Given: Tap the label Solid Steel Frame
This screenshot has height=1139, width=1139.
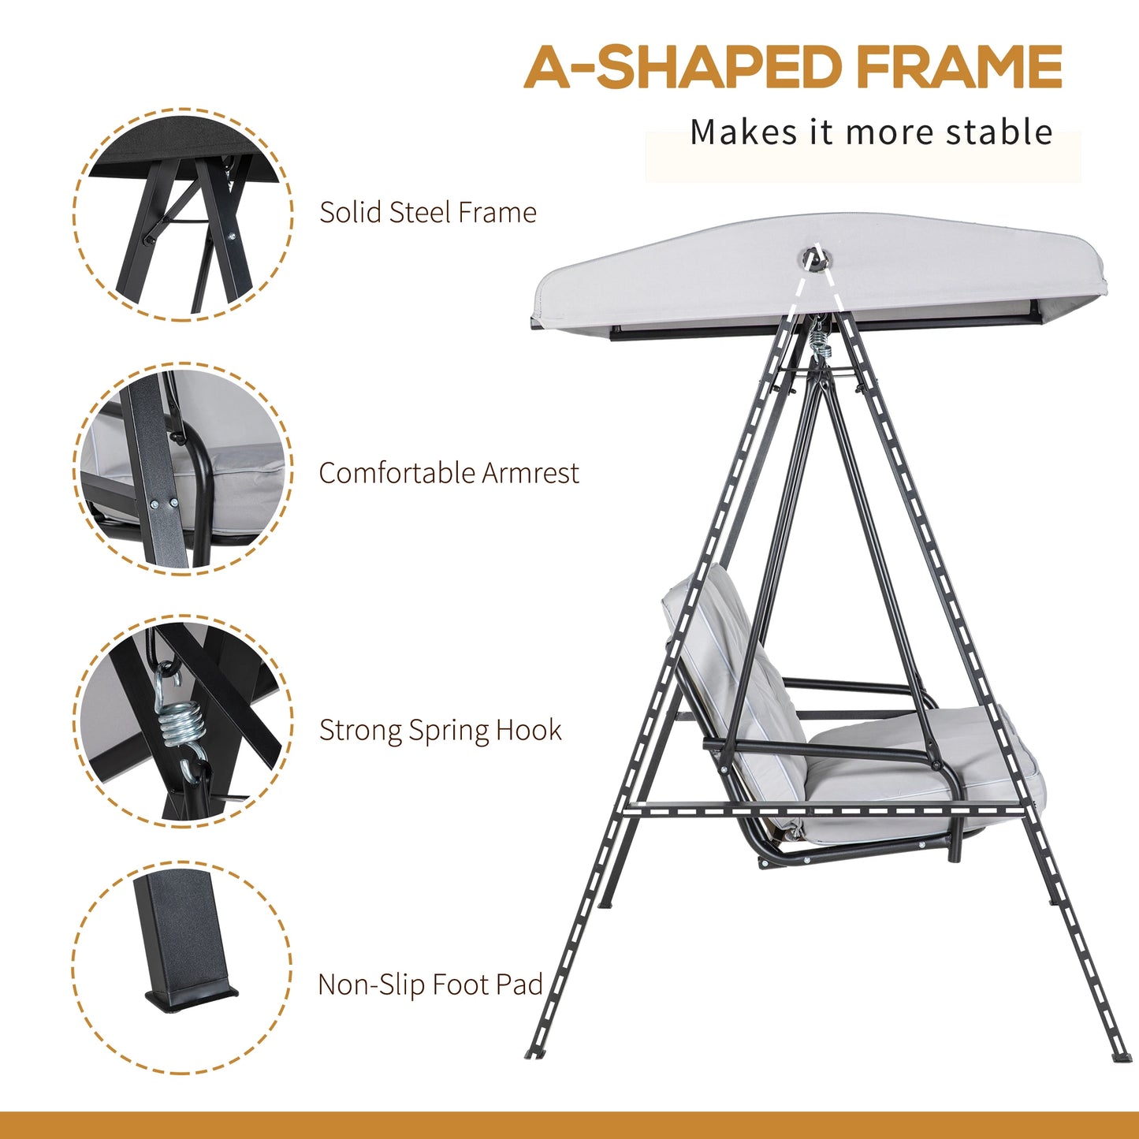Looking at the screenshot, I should coord(427,212).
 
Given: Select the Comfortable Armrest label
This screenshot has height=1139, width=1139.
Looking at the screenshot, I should coord(449,473).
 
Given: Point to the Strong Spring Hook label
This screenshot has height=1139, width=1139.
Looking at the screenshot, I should coord(440,730).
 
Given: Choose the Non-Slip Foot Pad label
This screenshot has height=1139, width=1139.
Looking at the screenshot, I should coord(430,985).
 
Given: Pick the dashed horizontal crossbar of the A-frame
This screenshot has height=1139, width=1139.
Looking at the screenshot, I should coord(828,808).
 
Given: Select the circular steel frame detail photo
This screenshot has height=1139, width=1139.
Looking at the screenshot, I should coord(183,214).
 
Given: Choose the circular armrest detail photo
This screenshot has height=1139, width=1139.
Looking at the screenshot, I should coord(183,470).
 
